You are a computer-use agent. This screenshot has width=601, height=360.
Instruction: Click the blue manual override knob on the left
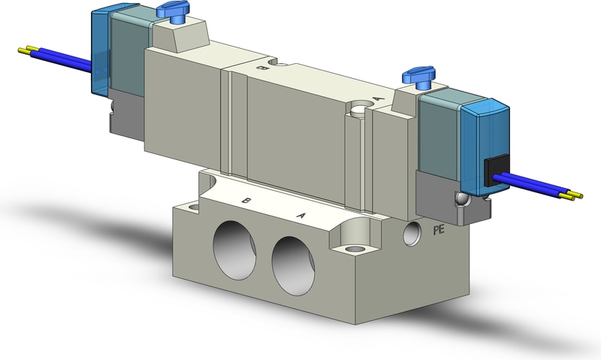168,10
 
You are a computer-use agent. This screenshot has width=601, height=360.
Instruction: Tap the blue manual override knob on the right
415,75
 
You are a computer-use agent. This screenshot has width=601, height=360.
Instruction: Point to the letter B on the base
246,201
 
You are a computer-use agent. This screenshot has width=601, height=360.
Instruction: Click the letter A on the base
302,216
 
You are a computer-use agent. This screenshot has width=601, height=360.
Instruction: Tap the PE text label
439,230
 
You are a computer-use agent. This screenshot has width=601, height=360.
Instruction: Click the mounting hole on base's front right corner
352,246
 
